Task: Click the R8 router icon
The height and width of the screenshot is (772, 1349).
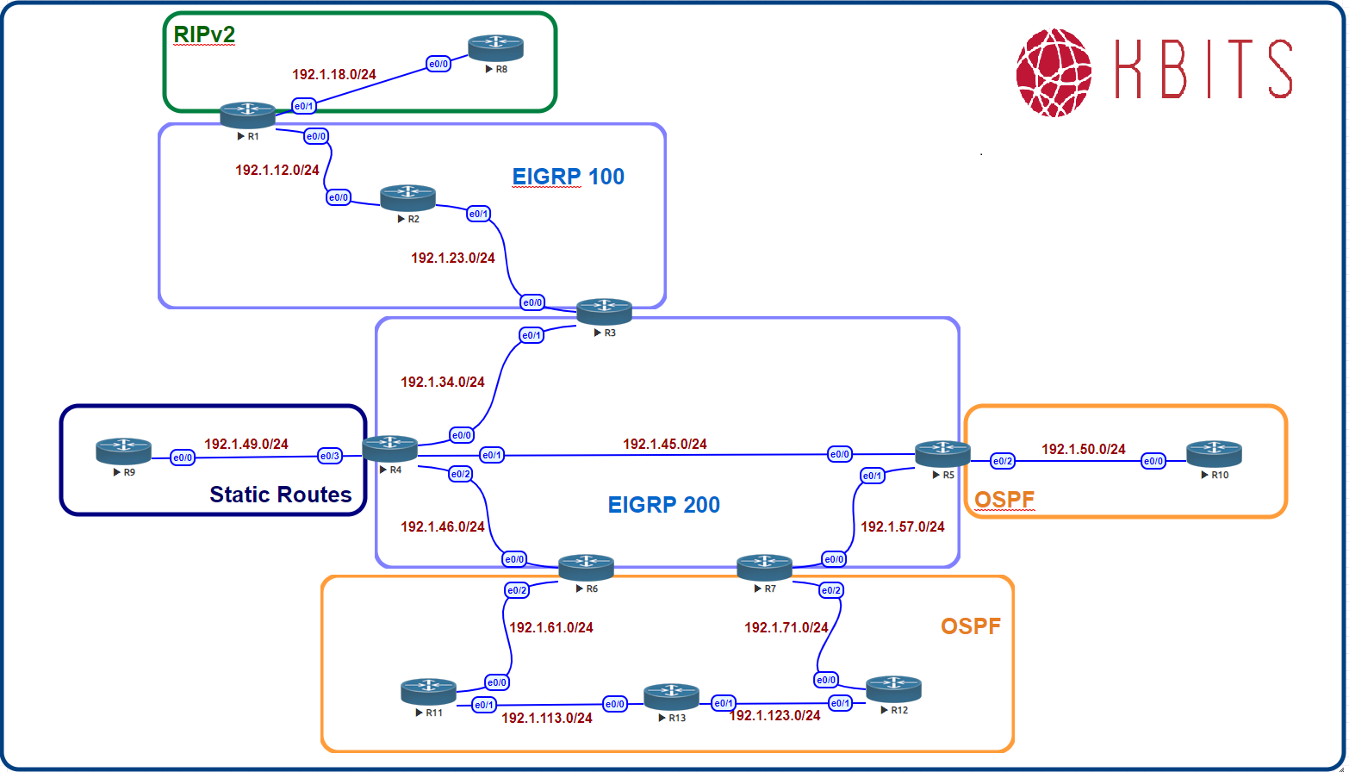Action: point(496,48)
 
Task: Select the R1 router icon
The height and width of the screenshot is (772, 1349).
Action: point(247,115)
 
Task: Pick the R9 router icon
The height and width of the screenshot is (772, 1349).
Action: point(123,451)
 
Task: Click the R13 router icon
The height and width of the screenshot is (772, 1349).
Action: point(672,696)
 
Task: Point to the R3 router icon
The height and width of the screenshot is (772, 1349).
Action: point(604,311)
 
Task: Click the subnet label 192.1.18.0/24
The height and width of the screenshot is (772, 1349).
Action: point(334,74)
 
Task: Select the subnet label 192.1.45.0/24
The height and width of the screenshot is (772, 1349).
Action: point(664,445)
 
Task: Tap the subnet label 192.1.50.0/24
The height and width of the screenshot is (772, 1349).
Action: point(1083,449)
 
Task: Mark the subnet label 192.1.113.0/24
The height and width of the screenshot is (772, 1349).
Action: point(546,718)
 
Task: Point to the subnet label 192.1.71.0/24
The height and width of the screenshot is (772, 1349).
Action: point(786,628)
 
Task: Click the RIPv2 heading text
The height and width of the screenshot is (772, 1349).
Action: point(204,34)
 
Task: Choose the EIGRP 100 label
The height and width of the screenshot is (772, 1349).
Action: point(568,177)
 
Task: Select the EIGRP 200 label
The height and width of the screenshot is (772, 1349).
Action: point(663,505)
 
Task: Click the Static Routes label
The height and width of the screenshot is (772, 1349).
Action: point(281,495)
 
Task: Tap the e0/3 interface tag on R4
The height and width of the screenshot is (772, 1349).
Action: point(330,456)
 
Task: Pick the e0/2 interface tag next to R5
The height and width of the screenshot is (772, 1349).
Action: point(1002,462)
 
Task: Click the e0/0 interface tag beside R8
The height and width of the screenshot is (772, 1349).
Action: point(438,64)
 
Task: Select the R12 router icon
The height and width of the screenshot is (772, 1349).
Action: point(893,688)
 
